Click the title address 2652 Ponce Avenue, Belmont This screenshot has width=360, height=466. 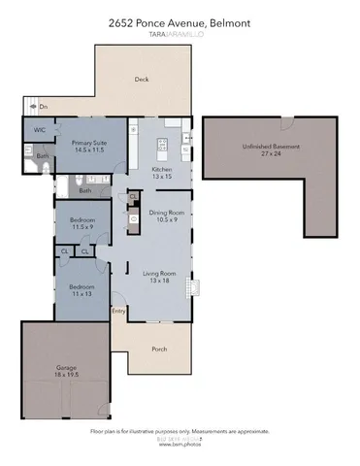coord(180,13)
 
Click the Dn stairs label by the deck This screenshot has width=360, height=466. coord(42,106)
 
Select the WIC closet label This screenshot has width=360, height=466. coord(39,129)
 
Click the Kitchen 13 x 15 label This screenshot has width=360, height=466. coord(162,172)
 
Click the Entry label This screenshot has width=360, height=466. coord(118,311)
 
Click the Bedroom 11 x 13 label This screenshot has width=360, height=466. coord(81,291)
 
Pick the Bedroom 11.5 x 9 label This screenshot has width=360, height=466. coord(82,224)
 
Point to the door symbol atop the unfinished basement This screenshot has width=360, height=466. coord(285,122)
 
